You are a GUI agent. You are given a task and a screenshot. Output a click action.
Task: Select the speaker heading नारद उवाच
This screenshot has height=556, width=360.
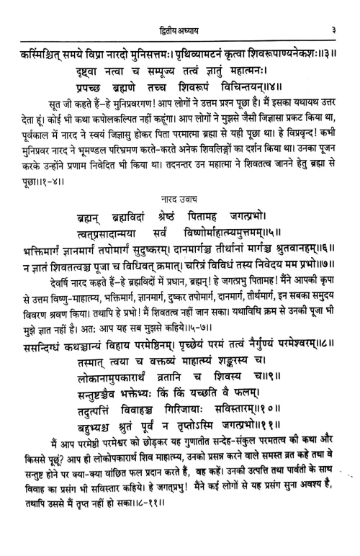click(179, 193)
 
